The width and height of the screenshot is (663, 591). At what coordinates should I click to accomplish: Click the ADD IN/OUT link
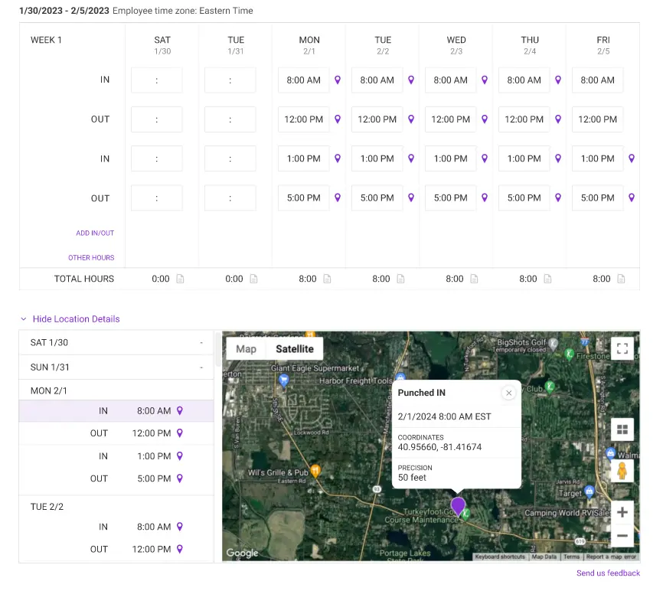coord(95,233)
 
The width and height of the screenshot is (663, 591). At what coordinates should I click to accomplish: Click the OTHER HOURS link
coord(91,258)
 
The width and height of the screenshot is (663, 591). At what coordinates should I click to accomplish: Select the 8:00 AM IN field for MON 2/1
coord(303,80)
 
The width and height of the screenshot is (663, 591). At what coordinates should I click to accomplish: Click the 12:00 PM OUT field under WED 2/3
coord(450,119)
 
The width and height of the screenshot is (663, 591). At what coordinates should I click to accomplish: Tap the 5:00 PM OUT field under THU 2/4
coord(524,198)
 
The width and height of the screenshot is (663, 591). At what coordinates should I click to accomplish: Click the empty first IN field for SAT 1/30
coord(156,80)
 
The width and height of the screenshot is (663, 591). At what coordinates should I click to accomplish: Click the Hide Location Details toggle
coord(76,319)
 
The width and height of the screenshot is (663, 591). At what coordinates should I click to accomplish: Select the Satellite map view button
coord(295,349)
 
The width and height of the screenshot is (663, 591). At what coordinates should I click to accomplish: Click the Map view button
coord(246,349)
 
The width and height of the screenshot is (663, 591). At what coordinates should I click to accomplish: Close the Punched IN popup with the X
coord(508,393)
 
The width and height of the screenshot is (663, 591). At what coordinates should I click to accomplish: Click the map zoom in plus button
coord(622,512)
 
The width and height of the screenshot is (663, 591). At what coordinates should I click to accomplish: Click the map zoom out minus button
coord(622,536)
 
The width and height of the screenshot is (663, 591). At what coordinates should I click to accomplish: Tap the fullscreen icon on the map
coord(622,349)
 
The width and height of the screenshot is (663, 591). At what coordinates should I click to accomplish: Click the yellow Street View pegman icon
coord(622,470)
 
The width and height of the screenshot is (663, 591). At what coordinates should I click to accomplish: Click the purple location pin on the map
coord(458,505)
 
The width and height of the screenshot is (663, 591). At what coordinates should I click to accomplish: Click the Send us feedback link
coord(608,573)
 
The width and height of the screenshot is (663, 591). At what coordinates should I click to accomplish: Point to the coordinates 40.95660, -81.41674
coord(439,447)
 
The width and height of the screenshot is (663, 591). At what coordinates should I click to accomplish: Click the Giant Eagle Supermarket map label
coord(315,367)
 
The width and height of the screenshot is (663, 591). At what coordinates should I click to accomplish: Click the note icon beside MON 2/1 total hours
coord(327,279)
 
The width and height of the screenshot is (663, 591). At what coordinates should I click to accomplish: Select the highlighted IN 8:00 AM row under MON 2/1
coord(116,411)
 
